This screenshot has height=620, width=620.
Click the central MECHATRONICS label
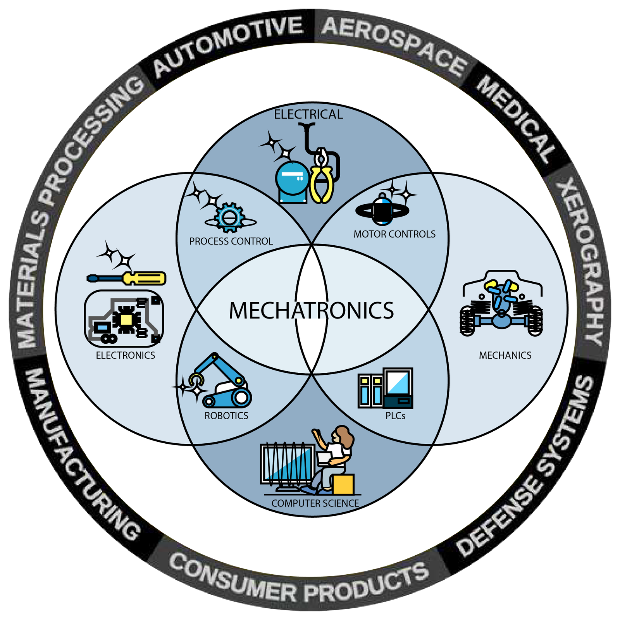(311, 310)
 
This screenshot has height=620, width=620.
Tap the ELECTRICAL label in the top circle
(308, 114)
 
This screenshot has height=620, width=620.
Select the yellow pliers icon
(322, 176)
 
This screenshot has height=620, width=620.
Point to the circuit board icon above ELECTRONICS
(124, 318)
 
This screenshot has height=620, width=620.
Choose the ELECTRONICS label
(125, 355)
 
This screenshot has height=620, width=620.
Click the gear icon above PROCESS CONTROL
(230, 217)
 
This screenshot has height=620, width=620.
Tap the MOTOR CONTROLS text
(394, 234)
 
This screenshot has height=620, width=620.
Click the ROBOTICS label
(226, 416)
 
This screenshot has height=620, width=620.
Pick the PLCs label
(395, 416)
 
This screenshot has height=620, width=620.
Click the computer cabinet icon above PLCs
(385, 388)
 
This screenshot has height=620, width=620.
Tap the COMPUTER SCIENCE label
(315, 503)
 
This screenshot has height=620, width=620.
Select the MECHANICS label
(505, 355)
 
